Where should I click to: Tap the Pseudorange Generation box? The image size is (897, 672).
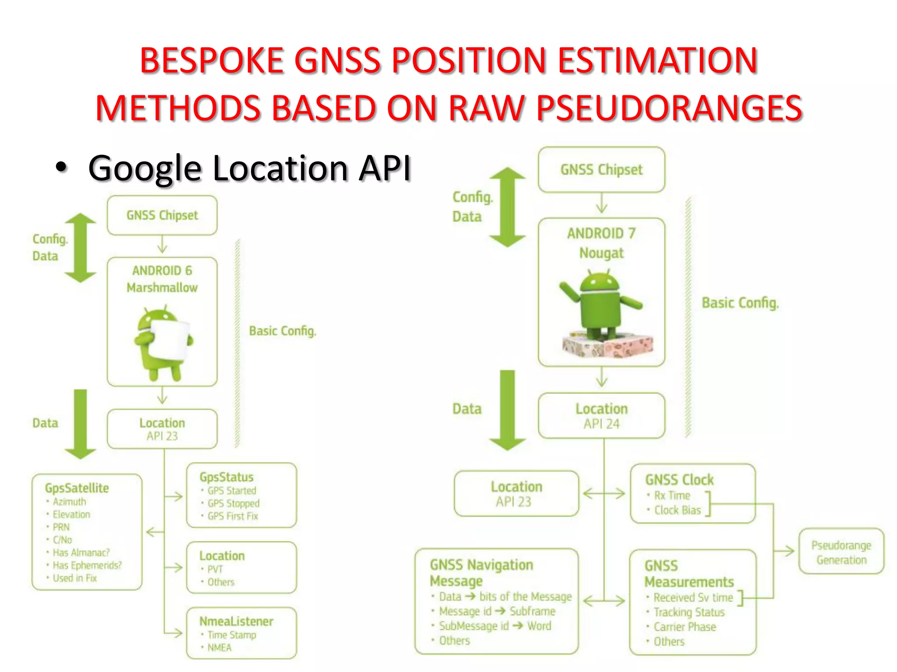[841, 552]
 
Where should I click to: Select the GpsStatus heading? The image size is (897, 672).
[226, 477]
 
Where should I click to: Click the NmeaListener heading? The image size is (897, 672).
[236, 621]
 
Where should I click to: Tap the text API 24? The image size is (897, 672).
[601, 424]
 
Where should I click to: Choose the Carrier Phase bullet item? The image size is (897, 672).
[685, 627]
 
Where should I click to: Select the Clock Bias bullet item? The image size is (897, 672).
[677, 510]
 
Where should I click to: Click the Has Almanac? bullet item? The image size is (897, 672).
[81, 553]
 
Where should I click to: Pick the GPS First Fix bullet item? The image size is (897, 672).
[233, 516]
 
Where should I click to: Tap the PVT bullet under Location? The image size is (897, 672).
[215, 569]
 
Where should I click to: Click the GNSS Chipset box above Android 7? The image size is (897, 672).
[601, 170]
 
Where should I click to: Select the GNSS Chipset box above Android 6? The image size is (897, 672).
[162, 215]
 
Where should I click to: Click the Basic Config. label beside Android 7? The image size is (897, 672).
[740, 303]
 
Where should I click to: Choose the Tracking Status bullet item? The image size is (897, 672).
[689, 612]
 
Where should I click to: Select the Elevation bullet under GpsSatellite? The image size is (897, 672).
[71, 514]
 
